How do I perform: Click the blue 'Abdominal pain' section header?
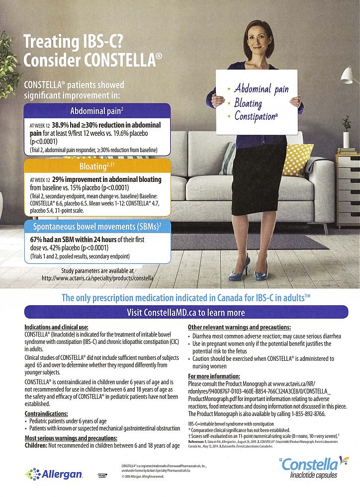[97, 110]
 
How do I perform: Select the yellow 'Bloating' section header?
[97, 166]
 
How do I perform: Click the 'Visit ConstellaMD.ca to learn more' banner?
[180, 312]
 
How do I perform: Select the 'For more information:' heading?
[214, 376]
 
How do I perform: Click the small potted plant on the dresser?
[346, 129]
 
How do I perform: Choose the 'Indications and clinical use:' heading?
[56, 328]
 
